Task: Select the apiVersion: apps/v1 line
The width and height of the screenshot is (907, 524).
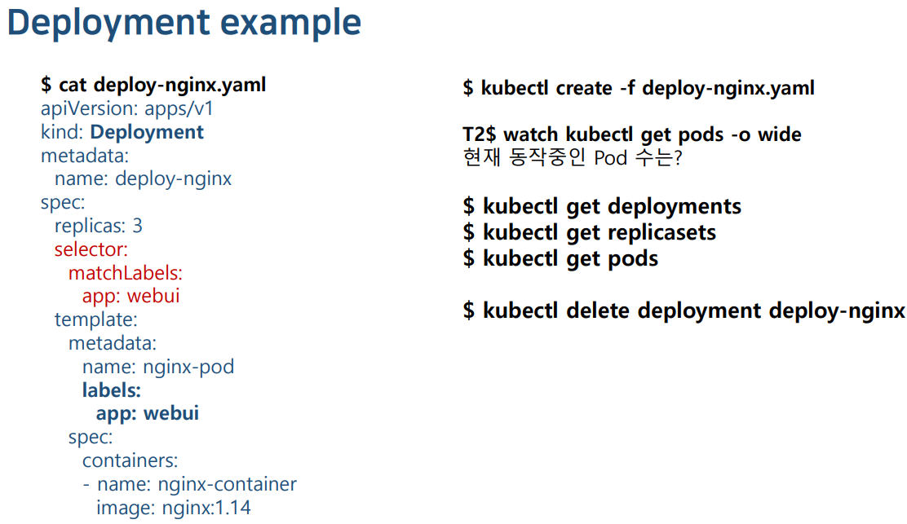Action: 127,108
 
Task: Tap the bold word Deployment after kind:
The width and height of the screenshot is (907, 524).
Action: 147,132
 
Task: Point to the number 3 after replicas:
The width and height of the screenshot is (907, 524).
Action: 137,226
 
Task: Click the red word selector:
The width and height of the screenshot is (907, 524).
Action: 91,249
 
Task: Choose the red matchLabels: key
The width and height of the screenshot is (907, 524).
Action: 126,273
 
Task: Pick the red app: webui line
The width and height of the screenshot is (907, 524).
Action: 131,296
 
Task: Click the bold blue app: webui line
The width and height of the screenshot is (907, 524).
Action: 148,413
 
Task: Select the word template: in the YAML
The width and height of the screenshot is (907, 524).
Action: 96,319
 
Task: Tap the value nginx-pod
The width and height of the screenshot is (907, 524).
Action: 188,367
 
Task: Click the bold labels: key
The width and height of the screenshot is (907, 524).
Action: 112,390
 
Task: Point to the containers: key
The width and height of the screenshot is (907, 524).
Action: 130,460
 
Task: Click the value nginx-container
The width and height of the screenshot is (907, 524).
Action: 227,484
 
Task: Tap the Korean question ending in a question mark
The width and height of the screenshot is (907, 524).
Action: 571,157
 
